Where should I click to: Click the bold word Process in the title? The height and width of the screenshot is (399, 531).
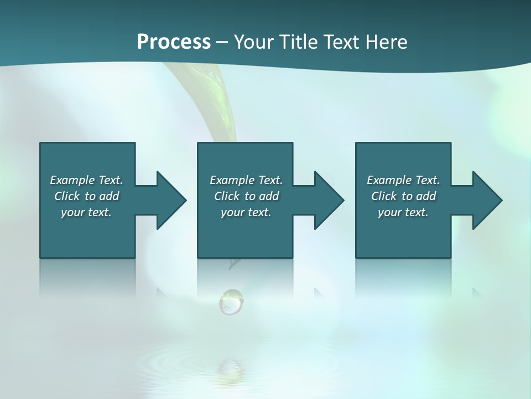pyautogui.click(x=174, y=42)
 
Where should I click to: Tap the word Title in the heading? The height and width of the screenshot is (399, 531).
pyautogui.click(x=298, y=42)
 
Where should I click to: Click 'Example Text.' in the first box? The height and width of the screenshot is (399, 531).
pyautogui.click(x=86, y=180)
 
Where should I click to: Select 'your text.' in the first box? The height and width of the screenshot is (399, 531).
pyautogui.click(x=86, y=212)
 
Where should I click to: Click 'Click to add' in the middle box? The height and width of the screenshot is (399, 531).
pyautogui.click(x=246, y=196)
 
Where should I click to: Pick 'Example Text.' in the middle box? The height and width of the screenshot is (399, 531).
pyautogui.click(x=246, y=180)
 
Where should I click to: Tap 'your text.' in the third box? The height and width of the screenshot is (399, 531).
pyautogui.click(x=403, y=212)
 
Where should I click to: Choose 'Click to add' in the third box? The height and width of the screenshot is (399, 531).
pyautogui.click(x=403, y=196)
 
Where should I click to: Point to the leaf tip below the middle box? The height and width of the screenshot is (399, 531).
pyautogui.click(x=234, y=264)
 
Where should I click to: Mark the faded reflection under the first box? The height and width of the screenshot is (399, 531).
pyautogui.click(x=87, y=277)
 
